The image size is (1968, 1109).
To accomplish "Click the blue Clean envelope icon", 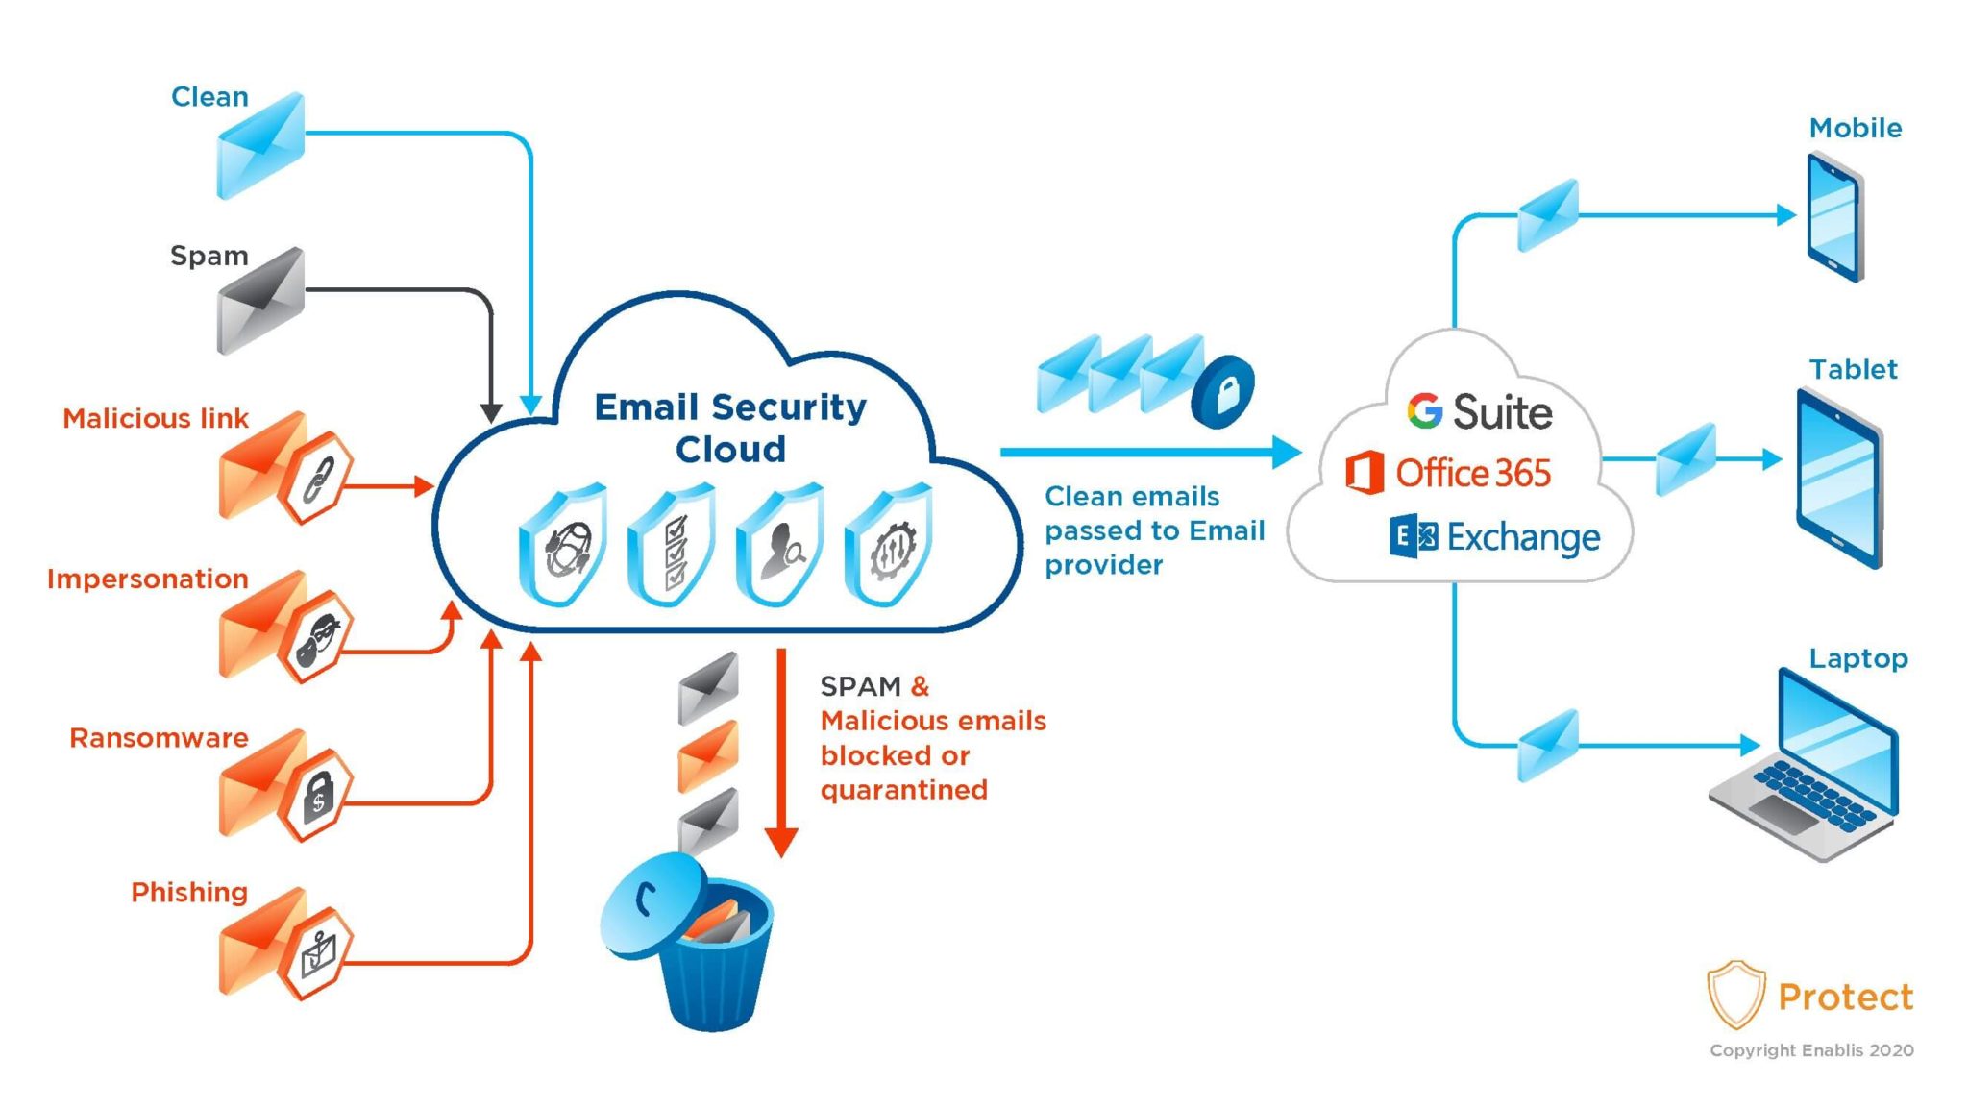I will pyautogui.click(x=260, y=146).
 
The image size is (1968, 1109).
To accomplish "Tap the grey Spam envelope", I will pyautogui.click(x=260, y=301).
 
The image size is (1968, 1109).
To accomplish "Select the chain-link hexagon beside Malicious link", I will pyautogui.click(x=317, y=478).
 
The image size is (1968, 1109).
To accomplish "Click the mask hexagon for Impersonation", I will pyautogui.click(x=317, y=636).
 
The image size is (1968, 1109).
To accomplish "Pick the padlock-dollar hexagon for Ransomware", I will pyautogui.click(x=317, y=794).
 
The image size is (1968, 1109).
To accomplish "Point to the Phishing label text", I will pyautogui.click(x=189, y=892).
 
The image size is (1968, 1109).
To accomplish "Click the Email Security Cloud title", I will pyautogui.click(x=730, y=428).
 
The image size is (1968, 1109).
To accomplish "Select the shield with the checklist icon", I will pyautogui.click(x=672, y=546).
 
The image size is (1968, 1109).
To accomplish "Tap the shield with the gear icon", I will pyautogui.click(x=889, y=546).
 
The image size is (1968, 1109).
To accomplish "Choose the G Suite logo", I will pyautogui.click(x=1479, y=411).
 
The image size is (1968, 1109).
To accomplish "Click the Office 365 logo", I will pyautogui.click(x=1449, y=473).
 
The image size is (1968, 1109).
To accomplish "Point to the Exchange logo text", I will pyautogui.click(x=1522, y=537).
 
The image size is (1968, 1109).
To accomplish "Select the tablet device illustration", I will pyautogui.click(x=1838, y=478).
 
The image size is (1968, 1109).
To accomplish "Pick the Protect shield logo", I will pyautogui.click(x=1735, y=994).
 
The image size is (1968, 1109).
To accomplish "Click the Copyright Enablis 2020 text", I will pyautogui.click(x=1811, y=1050).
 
